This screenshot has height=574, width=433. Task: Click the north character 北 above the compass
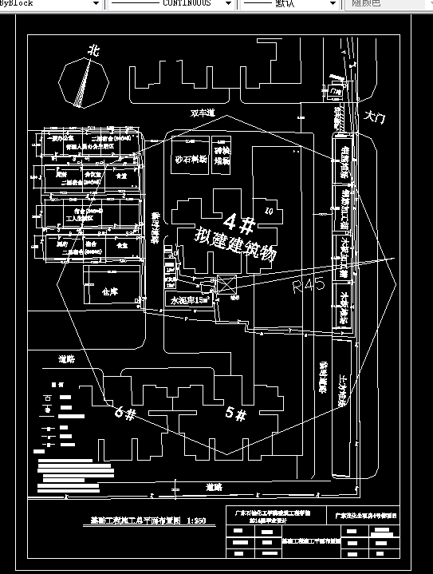coord(93,50)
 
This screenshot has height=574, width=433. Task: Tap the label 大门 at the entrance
coord(373,117)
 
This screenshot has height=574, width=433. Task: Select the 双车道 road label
coord(203,114)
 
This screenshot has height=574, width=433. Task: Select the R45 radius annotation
coord(309,285)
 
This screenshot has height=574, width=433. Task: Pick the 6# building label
coord(125,412)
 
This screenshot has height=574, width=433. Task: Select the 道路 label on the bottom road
coord(213,485)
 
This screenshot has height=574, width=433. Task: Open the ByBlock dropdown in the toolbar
coord(51,4)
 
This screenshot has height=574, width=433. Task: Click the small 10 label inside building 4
coord(269,211)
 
